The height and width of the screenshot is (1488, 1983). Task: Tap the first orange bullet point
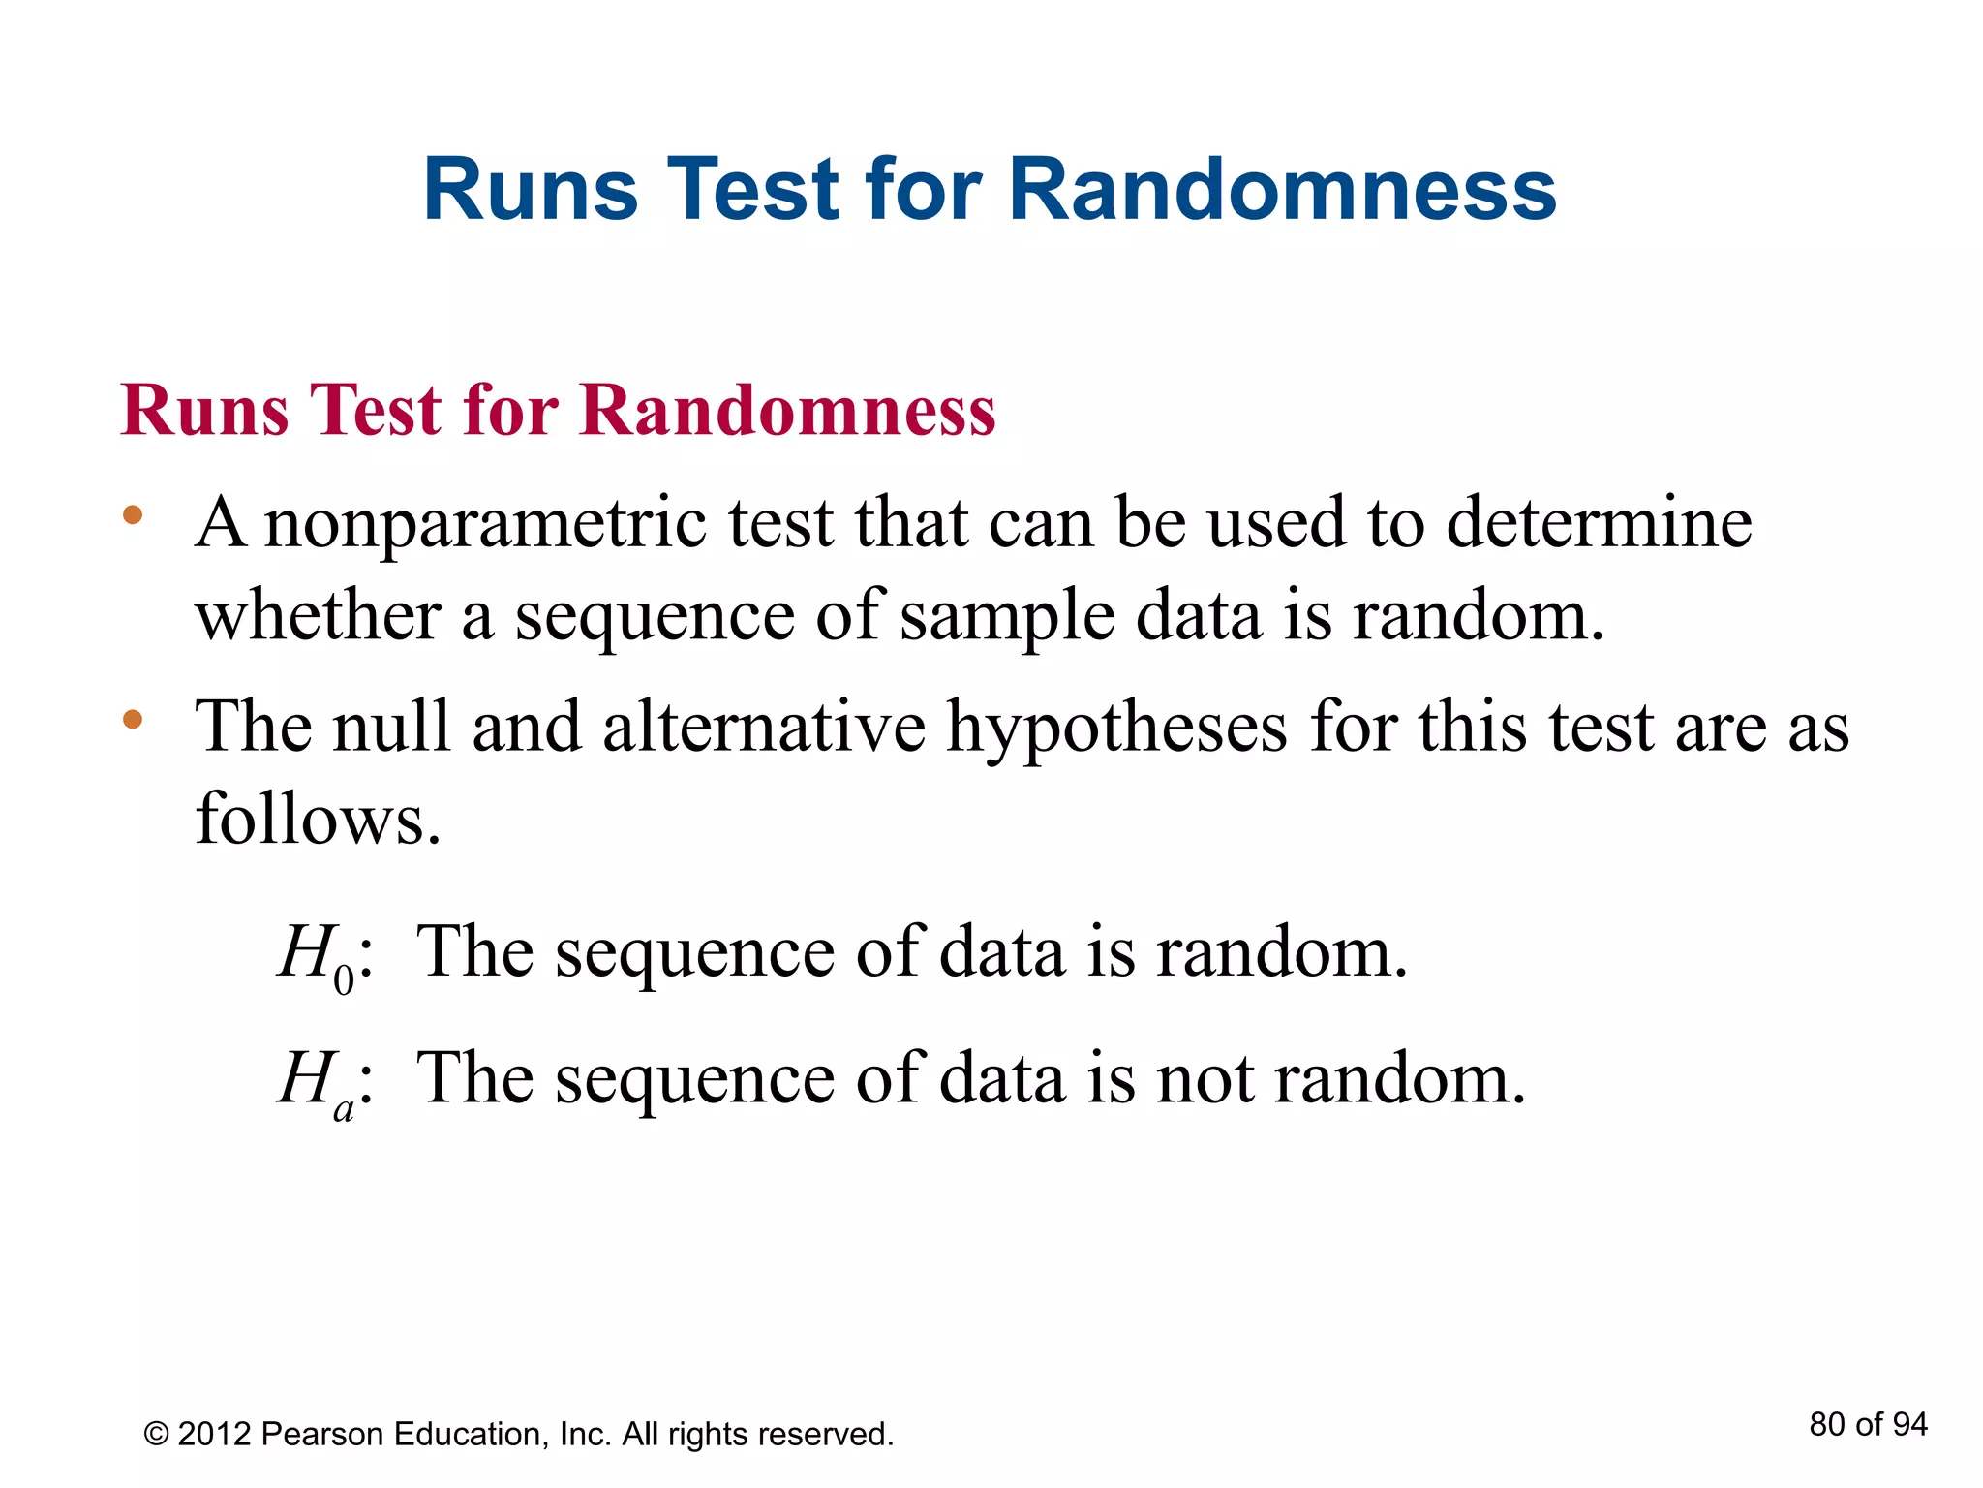(x=133, y=515)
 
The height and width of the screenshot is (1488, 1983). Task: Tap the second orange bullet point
(x=133, y=720)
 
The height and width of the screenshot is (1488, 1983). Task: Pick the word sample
(x=1007, y=617)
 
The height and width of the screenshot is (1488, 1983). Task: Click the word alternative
(x=764, y=727)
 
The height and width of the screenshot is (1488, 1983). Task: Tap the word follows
(x=319, y=819)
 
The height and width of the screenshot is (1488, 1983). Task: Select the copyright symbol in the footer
(x=156, y=1434)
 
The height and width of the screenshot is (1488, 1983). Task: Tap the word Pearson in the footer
(x=323, y=1434)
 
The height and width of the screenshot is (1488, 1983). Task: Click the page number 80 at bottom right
(x=1827, y=1424)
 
